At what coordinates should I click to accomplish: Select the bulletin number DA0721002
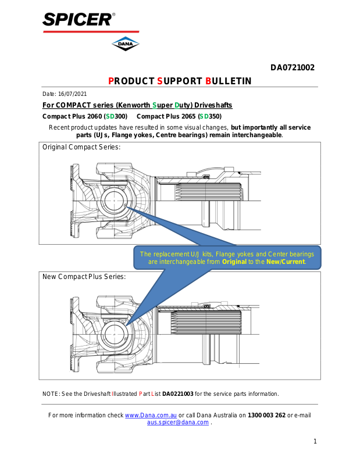point(292,67)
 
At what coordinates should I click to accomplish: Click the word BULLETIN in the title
point(229,81)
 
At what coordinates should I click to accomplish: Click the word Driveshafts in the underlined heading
point(211,105)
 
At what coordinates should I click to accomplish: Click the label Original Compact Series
point(81,147)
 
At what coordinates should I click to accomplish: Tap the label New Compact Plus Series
point(84,277)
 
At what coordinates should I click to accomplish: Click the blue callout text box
point(227,258)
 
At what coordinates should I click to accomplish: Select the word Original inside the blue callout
point(234,262)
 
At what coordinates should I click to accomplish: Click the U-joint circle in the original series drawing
point(114,203)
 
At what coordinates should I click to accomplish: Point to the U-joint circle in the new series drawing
point(114,335)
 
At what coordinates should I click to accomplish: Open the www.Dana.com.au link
point(151,415)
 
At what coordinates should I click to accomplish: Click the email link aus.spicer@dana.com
point(177,423)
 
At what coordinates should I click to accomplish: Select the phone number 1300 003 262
point(267,415)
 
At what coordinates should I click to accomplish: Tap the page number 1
point(315,442)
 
